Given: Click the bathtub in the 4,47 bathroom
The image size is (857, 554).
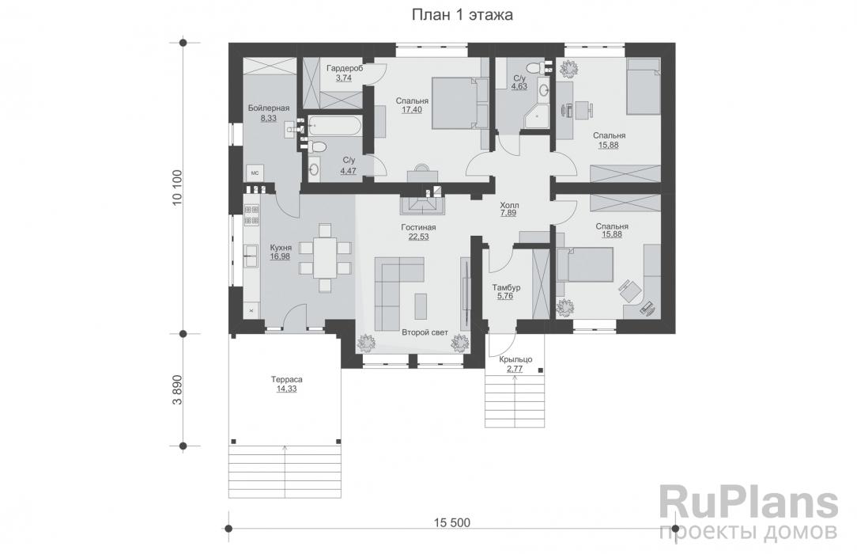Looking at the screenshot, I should pyautogui.click(x=334, y=125).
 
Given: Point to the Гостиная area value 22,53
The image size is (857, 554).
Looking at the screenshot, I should pyautogui.click(x=418, y=237).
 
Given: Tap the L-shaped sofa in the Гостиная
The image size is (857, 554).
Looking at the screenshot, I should pyautogui.click(x=395, y=289).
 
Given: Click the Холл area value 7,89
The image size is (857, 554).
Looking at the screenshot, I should pyautogui.click(x=509, y=213).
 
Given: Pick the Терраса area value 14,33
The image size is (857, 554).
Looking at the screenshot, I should pyautogui.click(x=289, y=389).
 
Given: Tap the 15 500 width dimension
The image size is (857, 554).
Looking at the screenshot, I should pyautogui.click(x=451, y=522).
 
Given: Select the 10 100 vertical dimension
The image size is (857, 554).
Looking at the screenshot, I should pyautogui.click(x=178, y=187).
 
